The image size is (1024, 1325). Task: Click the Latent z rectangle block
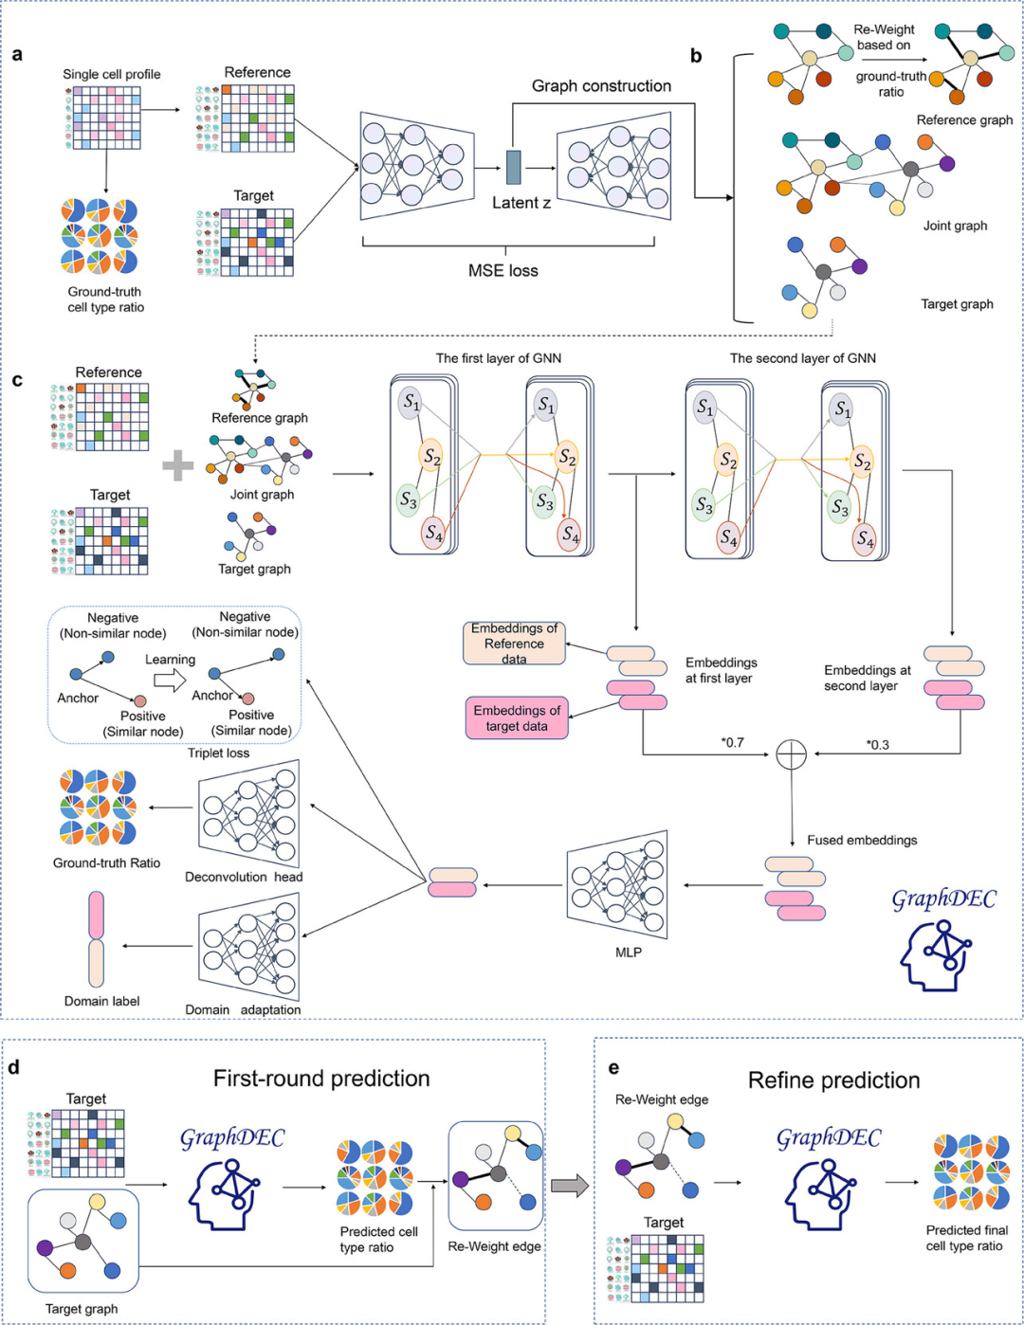[514, 167]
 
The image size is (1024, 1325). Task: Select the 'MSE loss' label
[503, 271]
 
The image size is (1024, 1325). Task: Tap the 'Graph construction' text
[601, 86]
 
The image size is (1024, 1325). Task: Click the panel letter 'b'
[696, 56]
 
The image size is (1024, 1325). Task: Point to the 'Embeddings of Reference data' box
[514, 644]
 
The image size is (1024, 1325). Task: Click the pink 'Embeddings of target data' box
[517, 718]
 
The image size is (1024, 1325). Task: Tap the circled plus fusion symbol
[791, 754]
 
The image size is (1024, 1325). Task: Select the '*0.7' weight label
[733, 743]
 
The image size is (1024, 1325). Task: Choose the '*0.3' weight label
[877, 745]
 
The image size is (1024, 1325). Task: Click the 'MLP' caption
[629, 952]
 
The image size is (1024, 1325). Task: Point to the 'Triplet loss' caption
[218, 753]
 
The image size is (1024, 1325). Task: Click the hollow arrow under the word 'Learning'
[170, 680]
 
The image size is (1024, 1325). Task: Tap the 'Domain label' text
[102, 1001]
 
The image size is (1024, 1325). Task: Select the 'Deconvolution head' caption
[244, 877]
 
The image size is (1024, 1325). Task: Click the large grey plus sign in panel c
[177, 465]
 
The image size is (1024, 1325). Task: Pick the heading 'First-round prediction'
[321, 1079]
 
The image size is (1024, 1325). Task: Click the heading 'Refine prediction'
[833, 1080]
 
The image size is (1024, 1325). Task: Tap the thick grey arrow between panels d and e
[569, 1185]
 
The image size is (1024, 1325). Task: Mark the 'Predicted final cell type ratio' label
[967, 1238]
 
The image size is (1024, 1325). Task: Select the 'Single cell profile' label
[112, 74]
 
